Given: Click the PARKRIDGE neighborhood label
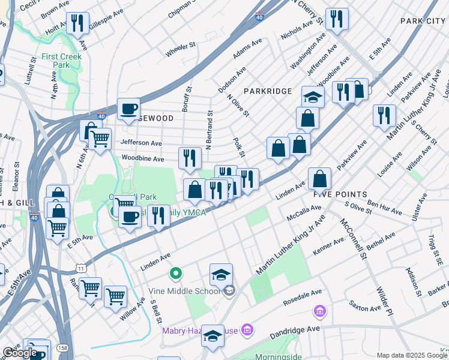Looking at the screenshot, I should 268,91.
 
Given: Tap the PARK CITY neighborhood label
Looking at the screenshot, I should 423,21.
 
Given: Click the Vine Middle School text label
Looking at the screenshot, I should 185,292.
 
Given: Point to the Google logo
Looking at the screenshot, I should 20,353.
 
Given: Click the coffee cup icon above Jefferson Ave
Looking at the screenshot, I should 128,109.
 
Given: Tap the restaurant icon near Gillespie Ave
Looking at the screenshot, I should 77,23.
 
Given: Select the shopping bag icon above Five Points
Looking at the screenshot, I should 321,178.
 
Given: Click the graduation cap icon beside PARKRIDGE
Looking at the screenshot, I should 313,96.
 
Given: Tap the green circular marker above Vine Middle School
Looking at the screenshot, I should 175,274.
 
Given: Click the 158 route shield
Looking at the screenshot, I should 62,347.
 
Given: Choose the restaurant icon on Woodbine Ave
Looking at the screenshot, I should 190,158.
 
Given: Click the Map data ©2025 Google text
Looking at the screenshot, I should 412,355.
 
